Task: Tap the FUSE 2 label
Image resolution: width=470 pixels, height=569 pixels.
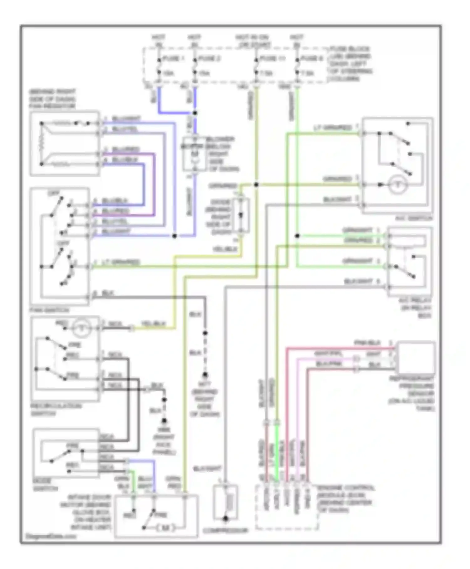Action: tap(210, 58)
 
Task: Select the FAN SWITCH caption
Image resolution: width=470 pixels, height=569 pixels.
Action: tap(49, 310)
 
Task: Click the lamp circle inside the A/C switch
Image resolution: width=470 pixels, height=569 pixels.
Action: tap(398, 185)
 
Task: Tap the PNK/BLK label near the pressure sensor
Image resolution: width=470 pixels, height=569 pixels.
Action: tap(367, 343)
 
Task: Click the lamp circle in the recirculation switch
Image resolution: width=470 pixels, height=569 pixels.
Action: tap(81, 328)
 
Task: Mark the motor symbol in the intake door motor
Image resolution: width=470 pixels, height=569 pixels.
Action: tap(165, 528)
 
